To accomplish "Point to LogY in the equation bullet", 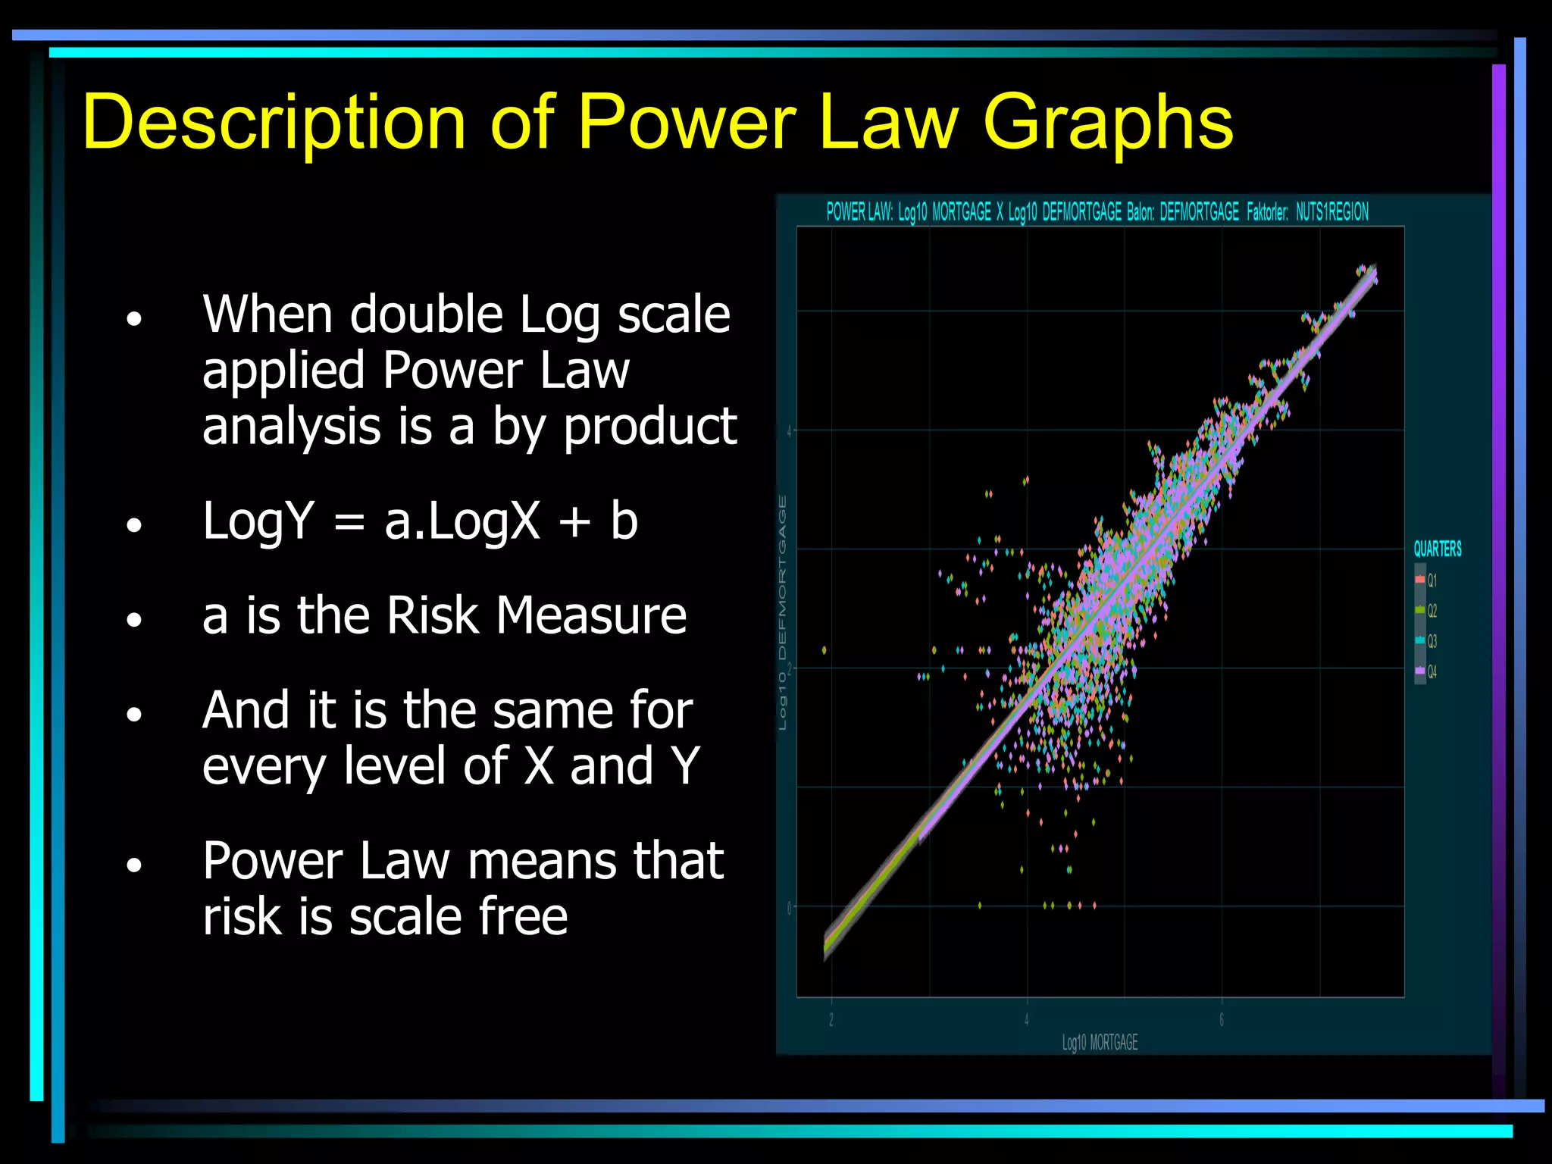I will click(258, 521).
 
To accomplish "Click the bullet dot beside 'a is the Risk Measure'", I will click(134, 620).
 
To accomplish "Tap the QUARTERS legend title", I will click(1437, 549).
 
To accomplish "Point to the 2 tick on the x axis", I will click(831, 1020).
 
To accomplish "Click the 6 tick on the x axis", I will click(1222, 1020).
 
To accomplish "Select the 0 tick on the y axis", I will click(789, 907).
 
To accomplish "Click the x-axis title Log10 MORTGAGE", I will click(1100, 1043).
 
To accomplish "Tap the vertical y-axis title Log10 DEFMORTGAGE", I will click(783, 612).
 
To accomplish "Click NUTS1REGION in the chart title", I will click(1331, 212).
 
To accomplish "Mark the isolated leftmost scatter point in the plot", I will click(824, 650).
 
